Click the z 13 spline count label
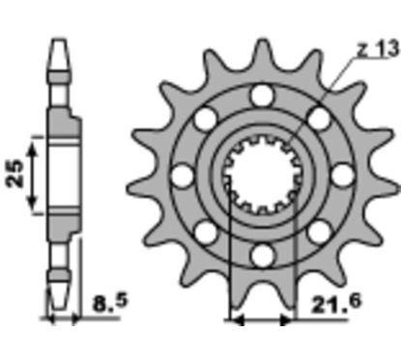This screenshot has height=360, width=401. pos(378,49)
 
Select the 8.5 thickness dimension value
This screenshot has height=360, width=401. pos(110,302)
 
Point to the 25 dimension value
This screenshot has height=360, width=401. pos(15,173)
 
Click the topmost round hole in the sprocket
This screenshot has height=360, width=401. pos(263,96)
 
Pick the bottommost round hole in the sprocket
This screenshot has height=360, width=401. pos(263,256)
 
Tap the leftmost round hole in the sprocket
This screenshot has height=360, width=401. pos(183,176)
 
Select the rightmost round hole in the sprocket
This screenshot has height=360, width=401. pos(343,176)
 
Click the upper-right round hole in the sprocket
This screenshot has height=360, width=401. pos(320,119)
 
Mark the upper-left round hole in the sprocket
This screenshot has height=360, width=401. pos(206,119)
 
